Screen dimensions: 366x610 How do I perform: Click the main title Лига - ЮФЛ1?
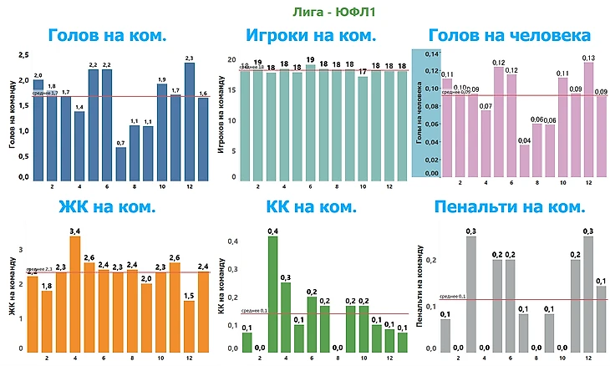(305, 12)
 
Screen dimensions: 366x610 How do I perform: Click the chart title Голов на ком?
(106, 36)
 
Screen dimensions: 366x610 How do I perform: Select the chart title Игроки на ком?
(311, 36)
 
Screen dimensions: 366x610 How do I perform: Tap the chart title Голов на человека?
(509, 36)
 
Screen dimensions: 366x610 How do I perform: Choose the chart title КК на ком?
(311, 206)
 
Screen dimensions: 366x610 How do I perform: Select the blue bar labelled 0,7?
(120, 163)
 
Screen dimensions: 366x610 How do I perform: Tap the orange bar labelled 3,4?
(75, 292)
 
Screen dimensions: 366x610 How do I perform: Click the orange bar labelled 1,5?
(189, 325)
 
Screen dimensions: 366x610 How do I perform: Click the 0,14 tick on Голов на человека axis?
(431, 53)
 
